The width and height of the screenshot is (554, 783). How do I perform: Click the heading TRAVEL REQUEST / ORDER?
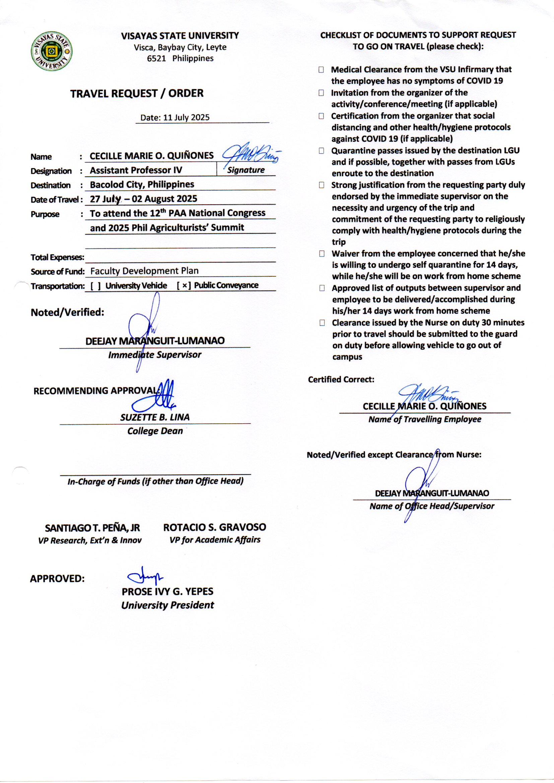137,93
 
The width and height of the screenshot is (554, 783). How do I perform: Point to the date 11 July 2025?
186,118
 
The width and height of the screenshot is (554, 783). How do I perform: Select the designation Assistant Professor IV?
136,170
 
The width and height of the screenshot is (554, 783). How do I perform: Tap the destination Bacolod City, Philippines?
142,185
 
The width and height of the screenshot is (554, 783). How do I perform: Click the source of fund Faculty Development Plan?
144,271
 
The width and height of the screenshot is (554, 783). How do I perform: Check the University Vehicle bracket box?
95,286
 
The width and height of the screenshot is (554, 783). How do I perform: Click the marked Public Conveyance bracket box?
184,285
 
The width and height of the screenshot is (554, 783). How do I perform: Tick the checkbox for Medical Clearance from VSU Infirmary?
321,70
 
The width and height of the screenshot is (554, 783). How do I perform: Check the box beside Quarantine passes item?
321,151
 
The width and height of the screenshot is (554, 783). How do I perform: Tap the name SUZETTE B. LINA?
154,417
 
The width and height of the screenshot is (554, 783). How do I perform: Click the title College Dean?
155,431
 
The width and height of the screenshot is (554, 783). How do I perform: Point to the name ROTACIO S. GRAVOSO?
215,527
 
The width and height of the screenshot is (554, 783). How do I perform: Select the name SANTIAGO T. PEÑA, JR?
92,528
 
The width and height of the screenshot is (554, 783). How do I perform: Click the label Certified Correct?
341,379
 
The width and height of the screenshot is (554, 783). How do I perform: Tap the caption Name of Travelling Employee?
425,419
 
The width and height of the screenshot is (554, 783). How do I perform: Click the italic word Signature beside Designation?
246,170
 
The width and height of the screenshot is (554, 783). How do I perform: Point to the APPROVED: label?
57,579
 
